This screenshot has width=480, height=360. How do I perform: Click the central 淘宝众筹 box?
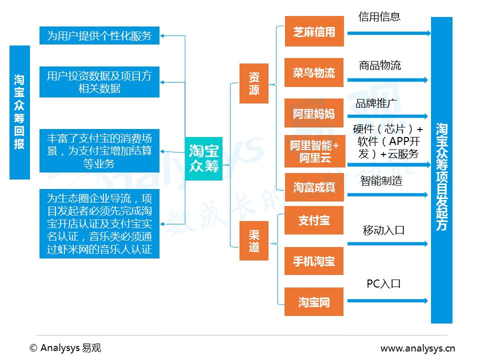[x=203, y=158]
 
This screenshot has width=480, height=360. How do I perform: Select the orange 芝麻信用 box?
[x=314, y=31]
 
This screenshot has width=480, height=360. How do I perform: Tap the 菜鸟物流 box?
[x=314, y=73]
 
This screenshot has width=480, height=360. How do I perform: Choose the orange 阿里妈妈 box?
[x=314, y=113]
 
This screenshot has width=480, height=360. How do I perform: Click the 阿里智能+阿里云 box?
[x=314, y=151]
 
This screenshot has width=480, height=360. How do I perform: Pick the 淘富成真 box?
[x=314, y=187]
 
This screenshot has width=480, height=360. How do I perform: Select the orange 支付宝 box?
[x=314, y=220]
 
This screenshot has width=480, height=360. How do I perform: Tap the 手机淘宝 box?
[x=314, y=261]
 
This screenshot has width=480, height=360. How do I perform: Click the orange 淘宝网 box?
[x=314, y=301]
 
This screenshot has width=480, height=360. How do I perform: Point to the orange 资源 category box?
[x=254, y=83]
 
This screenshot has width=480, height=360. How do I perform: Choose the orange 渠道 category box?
[x=254, y=240]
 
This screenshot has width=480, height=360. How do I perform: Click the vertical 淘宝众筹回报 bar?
[x=19, y=112]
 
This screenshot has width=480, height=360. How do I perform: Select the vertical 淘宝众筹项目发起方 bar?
[x=441, y=170]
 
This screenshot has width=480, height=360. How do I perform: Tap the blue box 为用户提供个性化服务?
[x=99, y=35]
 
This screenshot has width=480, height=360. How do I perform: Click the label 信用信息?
[x=379, y=16]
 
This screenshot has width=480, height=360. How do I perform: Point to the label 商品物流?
[x=379, y=65]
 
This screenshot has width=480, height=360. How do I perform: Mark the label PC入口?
[x=383, y=283]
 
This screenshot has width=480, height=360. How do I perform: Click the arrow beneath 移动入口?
[x=387, y=244]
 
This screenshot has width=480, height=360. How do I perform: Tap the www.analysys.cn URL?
[x=417, y=348]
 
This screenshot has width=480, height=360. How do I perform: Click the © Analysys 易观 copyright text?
[x=65, y=348]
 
